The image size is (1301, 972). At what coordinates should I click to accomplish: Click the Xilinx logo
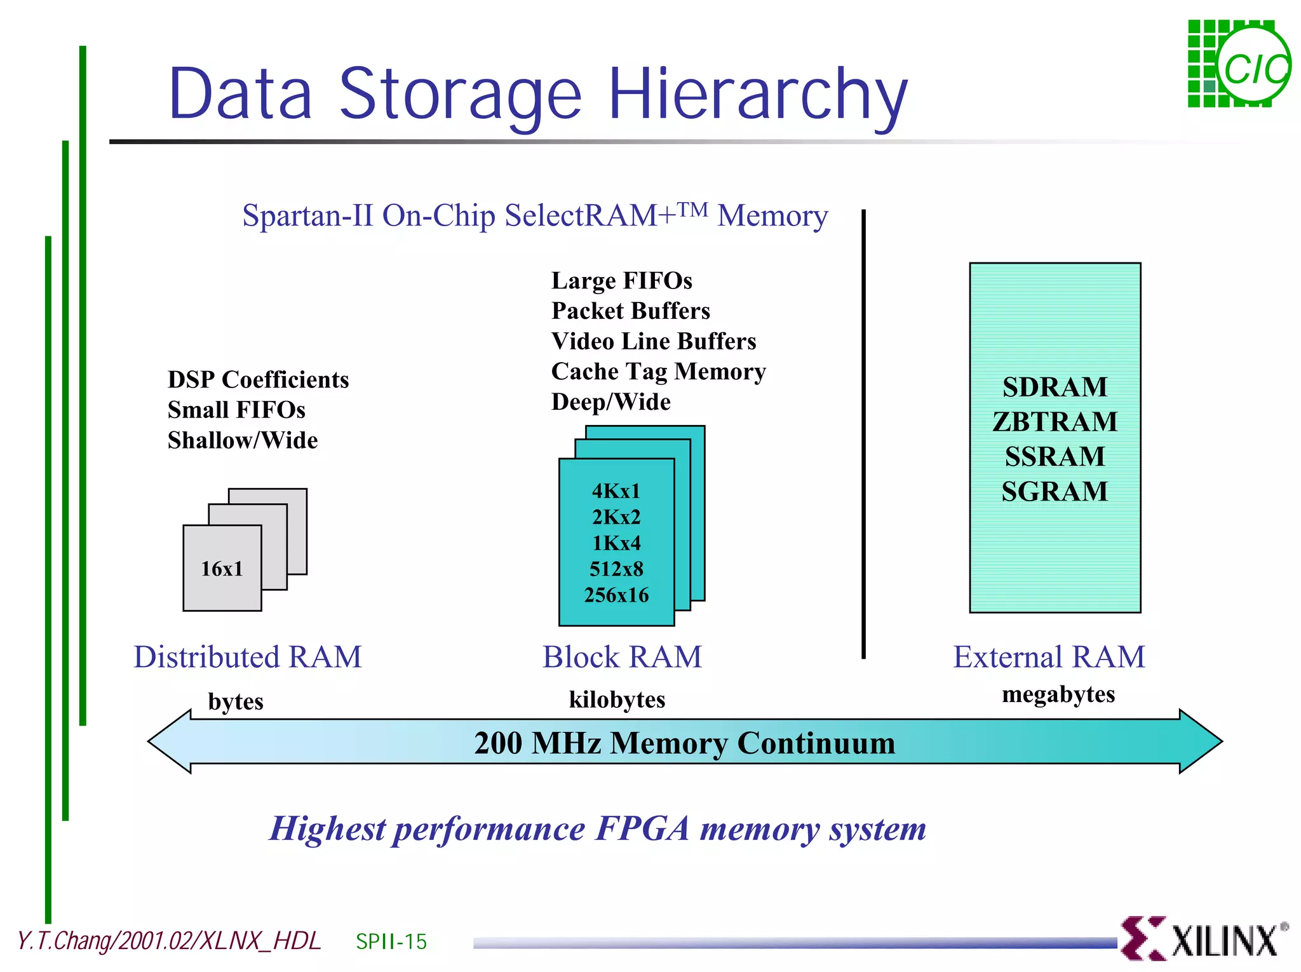tap(1204, 939)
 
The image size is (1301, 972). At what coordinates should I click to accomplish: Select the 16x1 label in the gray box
tap(222, 569)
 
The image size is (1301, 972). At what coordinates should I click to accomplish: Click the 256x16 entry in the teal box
tap(616, 595)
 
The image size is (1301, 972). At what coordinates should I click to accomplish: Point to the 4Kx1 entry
tap(616, 491)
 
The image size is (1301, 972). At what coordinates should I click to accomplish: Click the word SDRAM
tap(1055, 387)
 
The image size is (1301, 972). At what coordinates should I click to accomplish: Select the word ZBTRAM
tap(1055, 422)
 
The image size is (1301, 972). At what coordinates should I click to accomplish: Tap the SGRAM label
tap(1055, 491)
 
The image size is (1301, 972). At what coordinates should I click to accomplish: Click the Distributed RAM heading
tap(247, 657)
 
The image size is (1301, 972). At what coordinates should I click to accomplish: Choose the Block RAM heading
tap(622, 657)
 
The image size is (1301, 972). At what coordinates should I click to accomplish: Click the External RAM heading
tap(1049, 657)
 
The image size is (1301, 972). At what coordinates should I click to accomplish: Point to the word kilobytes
tap(617, 699)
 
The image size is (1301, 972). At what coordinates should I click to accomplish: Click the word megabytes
tap(1058, 694)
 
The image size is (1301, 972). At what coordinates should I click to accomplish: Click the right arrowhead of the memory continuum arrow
tap(1201, 741)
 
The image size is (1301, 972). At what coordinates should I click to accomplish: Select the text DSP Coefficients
tap(258, 380)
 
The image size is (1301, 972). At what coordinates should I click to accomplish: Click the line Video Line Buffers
tap(654, 341)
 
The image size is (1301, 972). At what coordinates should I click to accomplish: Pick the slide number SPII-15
tap(391, 942)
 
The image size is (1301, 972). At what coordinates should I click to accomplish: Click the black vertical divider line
tap(863, 432)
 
